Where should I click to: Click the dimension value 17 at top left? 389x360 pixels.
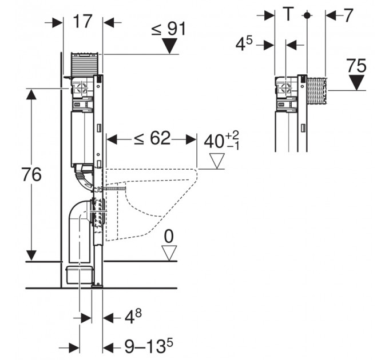83,21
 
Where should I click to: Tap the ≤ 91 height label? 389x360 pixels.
168,29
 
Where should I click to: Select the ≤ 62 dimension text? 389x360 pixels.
152,138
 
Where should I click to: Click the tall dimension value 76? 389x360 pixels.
31,174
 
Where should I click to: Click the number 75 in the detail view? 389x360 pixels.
356,66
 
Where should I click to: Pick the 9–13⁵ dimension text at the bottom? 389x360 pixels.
149,346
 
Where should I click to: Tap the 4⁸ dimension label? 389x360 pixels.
133,317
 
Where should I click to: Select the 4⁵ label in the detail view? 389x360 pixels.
244,45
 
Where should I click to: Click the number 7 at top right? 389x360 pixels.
348,15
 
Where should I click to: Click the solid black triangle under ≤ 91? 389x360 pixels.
169,46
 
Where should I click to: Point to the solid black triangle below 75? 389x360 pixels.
357,82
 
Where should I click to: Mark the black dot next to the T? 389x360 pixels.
307,15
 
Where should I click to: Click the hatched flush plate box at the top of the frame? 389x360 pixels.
84,63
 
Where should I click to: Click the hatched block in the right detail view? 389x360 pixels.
317,90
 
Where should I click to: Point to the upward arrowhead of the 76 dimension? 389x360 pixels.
31,94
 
